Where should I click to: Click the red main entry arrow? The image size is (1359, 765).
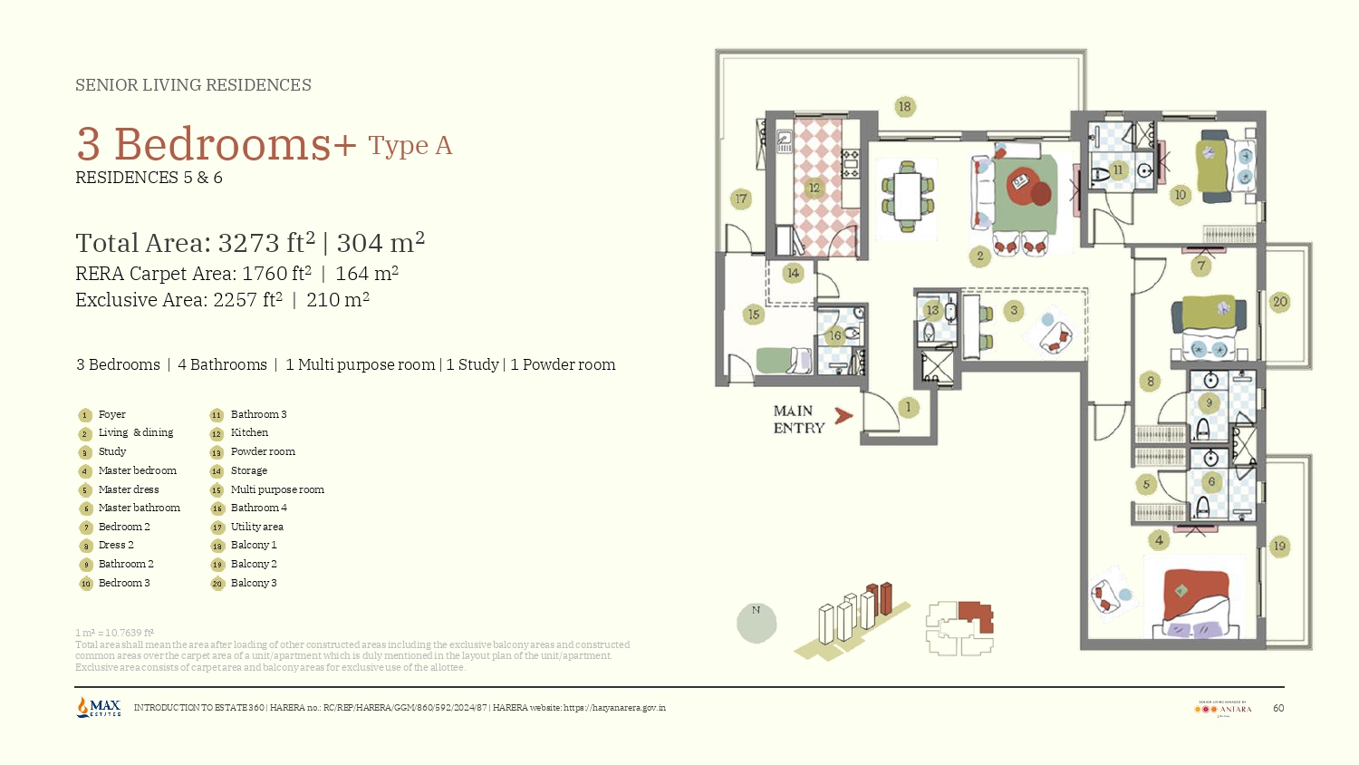pos(843,416)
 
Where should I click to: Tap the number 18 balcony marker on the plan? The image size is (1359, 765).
pos(904,107)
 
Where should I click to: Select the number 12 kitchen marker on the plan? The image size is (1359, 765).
pos(814,189)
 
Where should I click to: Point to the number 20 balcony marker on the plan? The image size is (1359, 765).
pos(1279,302)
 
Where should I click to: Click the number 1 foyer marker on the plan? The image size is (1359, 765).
pos(908,407)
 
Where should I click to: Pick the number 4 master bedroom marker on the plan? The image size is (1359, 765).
pos(1159,540)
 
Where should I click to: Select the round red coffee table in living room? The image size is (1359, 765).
pos(1023,185)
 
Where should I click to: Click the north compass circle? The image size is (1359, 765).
pos(757,623)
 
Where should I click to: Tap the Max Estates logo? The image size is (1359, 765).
pos(99,707)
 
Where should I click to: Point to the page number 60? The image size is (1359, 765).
pos(1278,708)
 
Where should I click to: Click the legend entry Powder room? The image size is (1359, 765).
pos(263,451)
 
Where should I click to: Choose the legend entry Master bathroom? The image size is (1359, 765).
pos(139,508)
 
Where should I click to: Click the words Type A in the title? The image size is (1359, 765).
pos(410,146)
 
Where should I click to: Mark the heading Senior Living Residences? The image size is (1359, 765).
pos(193,85)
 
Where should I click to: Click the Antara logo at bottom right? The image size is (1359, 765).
pos(1223,708)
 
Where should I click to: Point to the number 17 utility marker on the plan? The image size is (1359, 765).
pos(741,199)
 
